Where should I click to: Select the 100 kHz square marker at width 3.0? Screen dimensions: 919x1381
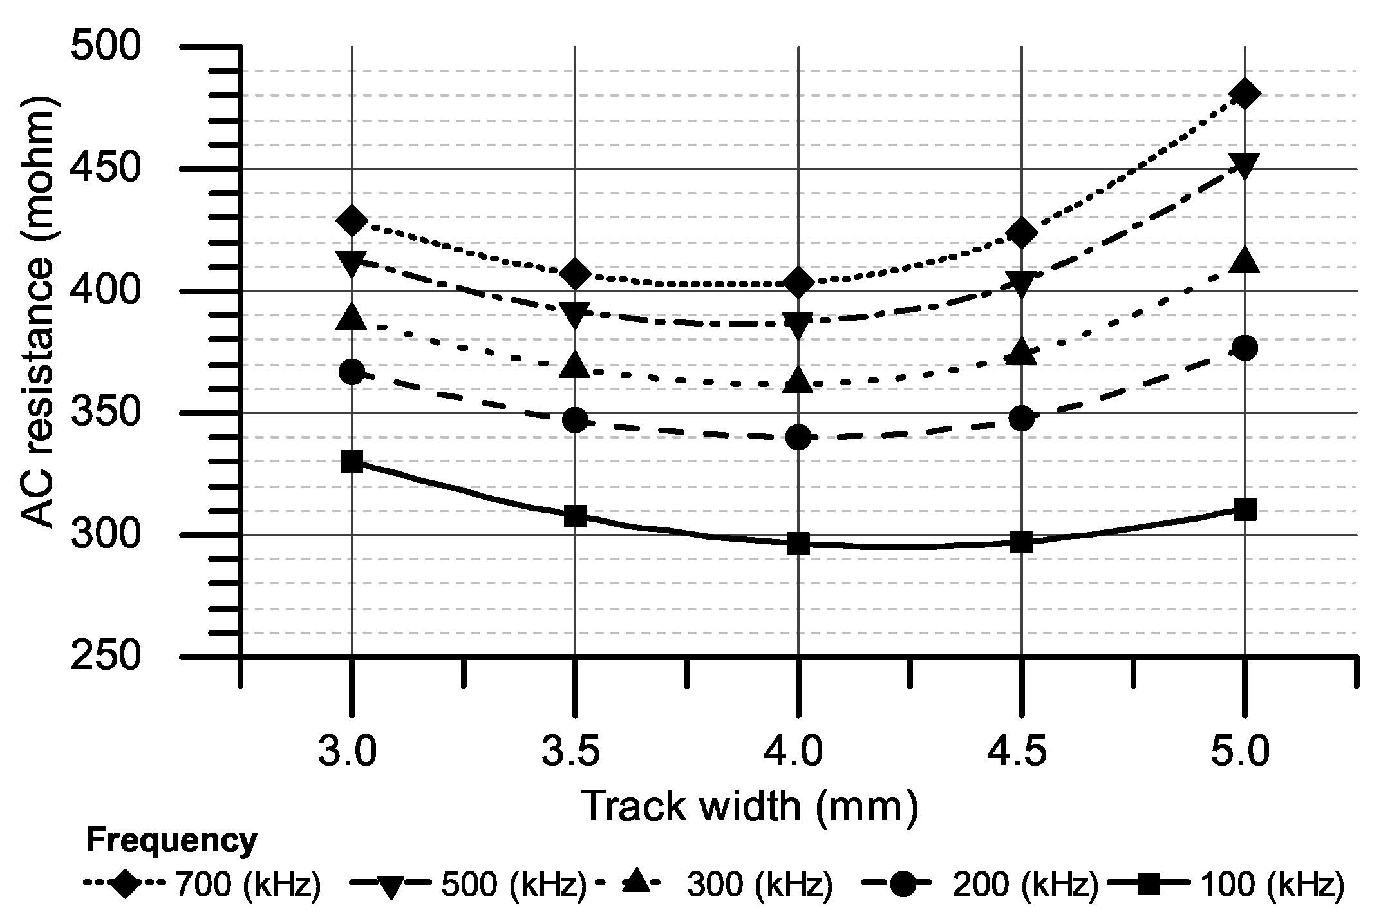(x=352, y=461)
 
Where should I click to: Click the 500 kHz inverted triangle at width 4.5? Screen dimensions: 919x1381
(x=1021, y=282)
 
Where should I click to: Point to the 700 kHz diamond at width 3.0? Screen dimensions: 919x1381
(x=352, y=221)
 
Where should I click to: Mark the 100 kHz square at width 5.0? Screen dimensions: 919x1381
(x=1244, y=510)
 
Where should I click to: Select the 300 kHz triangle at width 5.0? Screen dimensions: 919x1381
(x=1244, y=260)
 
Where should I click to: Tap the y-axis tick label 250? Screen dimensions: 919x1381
(x=106, y=657)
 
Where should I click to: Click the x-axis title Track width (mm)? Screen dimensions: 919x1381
(x=749, y=807)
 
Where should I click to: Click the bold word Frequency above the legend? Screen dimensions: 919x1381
(x=171, y=842)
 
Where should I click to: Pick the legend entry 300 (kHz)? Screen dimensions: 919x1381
(x=760, y=886)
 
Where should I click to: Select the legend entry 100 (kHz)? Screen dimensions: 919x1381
(x=1272, y=886)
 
